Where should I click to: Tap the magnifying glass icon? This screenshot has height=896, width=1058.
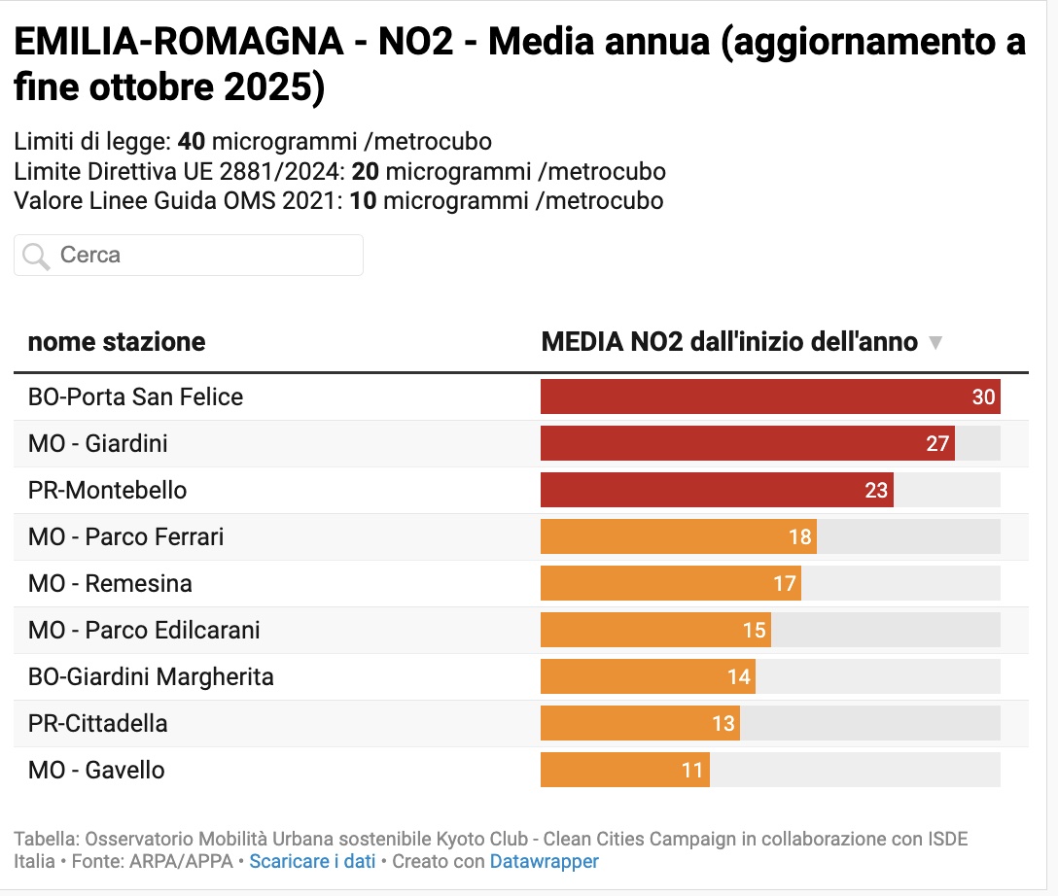[36, 257]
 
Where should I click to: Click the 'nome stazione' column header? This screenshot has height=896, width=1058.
[117, 342]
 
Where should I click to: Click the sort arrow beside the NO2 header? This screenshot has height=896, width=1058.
[935, 343]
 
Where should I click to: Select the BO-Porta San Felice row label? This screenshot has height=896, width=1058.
[135, 397]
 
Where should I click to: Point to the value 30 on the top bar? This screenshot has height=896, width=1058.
[983, 397]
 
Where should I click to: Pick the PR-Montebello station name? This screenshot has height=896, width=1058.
[107, 491]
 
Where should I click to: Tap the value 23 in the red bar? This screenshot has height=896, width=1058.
[876, 491]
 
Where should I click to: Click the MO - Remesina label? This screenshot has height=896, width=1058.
[110, 584]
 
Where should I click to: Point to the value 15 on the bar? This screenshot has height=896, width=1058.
[754, 631]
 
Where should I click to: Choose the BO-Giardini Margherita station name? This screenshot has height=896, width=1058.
[151, 677]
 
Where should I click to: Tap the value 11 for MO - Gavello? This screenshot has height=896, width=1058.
[691, 771]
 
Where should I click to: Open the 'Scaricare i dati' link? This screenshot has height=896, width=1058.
[312, 862]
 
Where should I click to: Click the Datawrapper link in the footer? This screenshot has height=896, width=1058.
[544, 862]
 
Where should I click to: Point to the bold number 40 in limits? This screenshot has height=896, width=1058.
[192, 142]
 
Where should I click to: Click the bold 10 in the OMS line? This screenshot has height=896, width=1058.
[363, 201]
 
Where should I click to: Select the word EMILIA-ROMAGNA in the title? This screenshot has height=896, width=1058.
[178, 44]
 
